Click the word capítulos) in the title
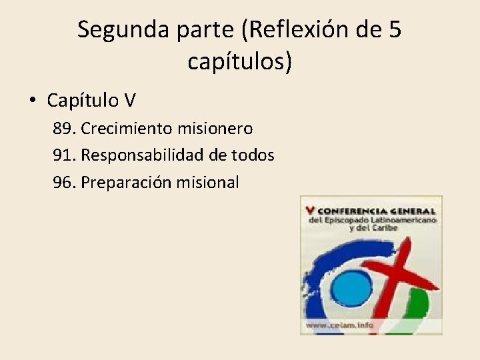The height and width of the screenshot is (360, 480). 240,62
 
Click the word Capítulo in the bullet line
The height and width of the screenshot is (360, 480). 83,101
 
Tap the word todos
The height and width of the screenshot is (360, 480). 251,155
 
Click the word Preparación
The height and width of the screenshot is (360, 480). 127,182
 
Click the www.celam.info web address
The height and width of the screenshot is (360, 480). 339,326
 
